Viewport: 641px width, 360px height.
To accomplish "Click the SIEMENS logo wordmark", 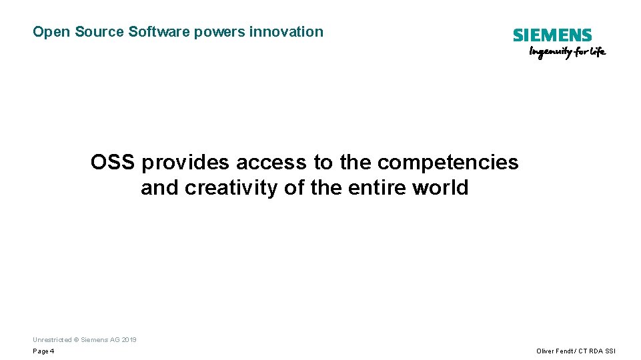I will point(552,35).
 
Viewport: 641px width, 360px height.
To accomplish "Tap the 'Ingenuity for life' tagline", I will point(567,53).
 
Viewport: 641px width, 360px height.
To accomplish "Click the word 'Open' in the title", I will point(46,32).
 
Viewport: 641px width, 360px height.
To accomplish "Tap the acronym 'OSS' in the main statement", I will point(113,162).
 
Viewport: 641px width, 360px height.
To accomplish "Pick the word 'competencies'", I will point(448,163).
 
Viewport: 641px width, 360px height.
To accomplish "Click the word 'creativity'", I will point(231,188).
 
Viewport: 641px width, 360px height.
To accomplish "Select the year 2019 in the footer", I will point(129,340).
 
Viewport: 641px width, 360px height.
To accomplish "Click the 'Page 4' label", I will point(43,351).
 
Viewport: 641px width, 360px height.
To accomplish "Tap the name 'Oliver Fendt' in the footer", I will point(554,351).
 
